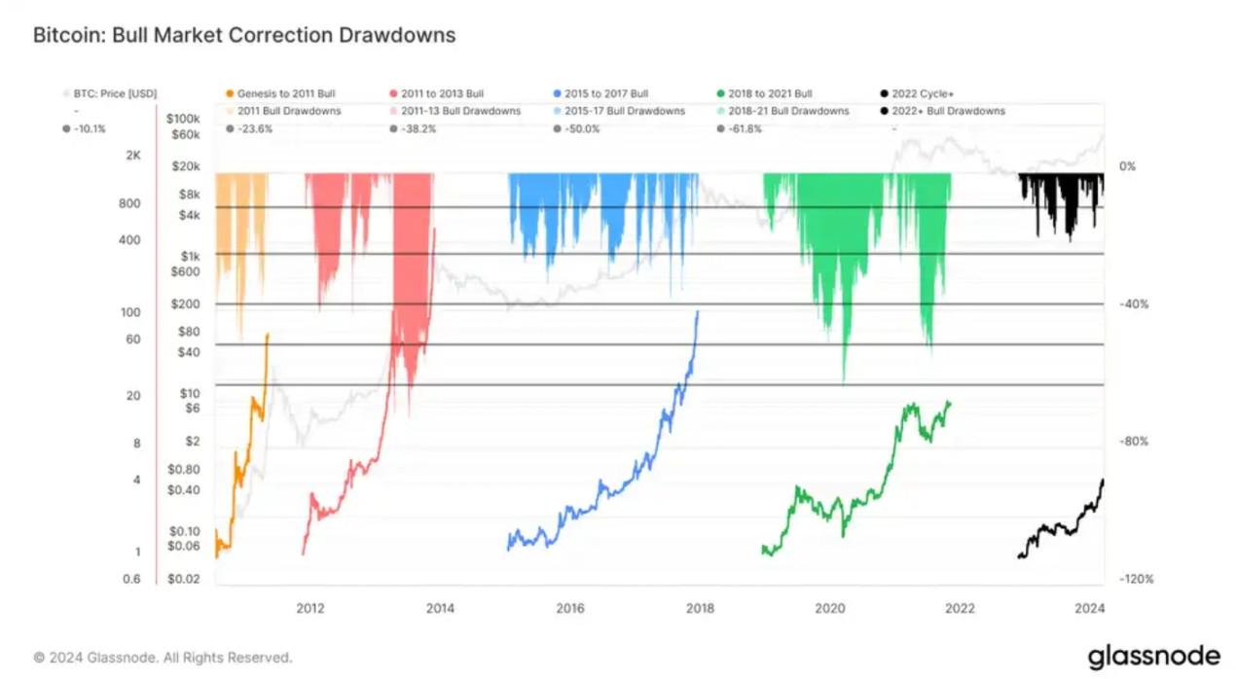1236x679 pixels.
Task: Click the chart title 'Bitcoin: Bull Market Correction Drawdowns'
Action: (x=244, y=36)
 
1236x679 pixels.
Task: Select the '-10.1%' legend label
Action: (x=90, y=127)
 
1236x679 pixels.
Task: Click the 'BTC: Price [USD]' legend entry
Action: (x=107, y=94)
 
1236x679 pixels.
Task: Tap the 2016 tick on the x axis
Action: (x=570, y=609)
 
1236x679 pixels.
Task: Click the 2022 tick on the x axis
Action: (x=960, y=609)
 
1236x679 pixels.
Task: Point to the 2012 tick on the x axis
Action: (x=310, y=609)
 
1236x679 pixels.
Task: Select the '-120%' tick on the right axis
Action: (x=1135, y=580)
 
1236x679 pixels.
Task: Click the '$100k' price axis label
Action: (x=184, y=118)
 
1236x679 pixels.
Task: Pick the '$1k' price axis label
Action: (x=190, y=255)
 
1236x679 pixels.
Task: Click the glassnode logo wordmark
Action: (x=1153, y=657)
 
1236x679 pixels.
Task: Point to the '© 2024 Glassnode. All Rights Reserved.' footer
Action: (x=164, y=658)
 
